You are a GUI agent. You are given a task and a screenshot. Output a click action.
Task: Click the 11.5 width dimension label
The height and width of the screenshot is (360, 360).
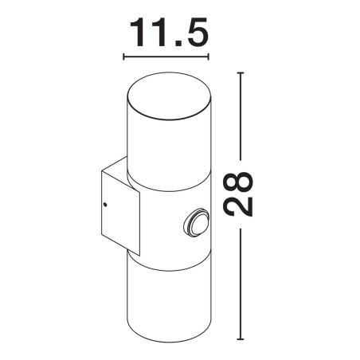pyautogui.click(x=169, y=33)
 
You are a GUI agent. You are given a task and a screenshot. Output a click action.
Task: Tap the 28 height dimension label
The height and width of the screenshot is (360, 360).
pyautogui.click(x=238, y=194)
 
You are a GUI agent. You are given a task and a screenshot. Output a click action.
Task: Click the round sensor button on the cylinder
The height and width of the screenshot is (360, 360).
pyautogui.click(x=197, y=222)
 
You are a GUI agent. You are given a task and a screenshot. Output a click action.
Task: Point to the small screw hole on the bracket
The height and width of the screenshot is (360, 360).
pyautogui.click(x=105, y=205)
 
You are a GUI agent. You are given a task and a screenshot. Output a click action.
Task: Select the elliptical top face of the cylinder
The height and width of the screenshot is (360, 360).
pyautogui.click(x=170, y=95)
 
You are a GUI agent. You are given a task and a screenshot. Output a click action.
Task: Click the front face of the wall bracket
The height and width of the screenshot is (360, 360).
pyautogui.click(x=120, y=213)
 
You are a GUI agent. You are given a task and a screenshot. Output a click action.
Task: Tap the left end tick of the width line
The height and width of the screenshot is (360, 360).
pyautogui.click(x=123, y=57)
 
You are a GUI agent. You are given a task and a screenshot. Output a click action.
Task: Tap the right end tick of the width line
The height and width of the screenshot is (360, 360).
pyautogui.click(x=209, y=57)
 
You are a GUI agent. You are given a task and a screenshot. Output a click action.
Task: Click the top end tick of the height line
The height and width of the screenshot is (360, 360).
pyautogui.click(x=241, y=72)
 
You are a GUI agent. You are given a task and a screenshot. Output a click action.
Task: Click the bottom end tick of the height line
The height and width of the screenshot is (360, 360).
pyautogui.click(x=241, y=339)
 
